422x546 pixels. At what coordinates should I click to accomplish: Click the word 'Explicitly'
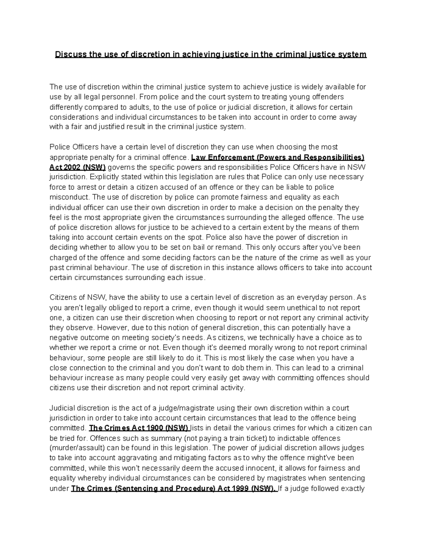104,177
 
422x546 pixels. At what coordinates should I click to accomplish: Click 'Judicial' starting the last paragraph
62,408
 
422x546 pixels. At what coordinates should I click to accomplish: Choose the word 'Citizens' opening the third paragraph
63,297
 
